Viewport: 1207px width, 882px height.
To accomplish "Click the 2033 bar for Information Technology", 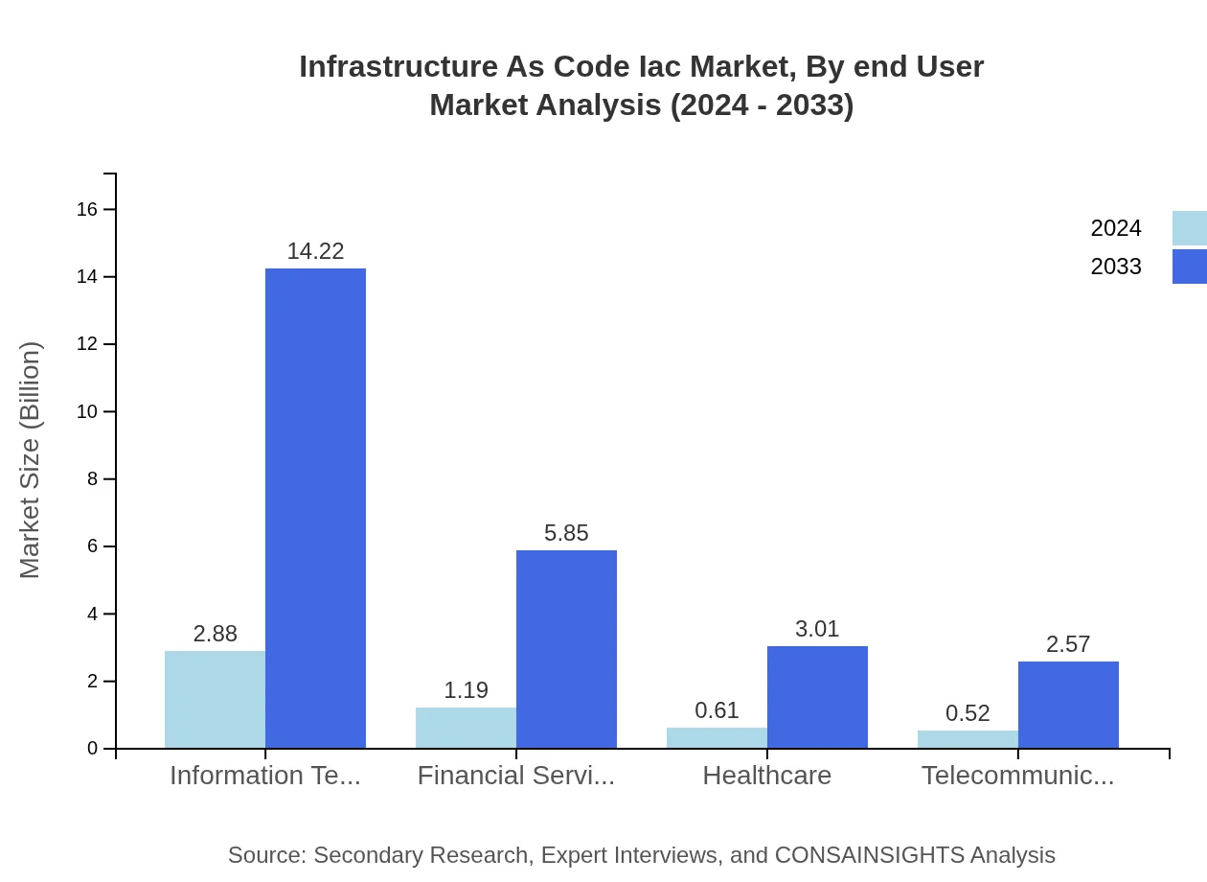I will click(x=315, y=508).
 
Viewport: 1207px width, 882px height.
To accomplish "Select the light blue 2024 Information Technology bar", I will click(x=215, y=700).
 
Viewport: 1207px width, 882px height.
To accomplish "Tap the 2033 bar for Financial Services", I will click(x=566, y=649).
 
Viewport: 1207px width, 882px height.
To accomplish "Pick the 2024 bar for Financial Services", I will click(x=466, y=728).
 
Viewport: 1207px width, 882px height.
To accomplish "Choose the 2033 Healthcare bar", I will click(x=817, y=697).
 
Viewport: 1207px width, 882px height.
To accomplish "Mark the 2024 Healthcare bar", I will click(x=717, y=738).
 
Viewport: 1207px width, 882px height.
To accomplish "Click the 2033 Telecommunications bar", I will click(x=1068, y=705).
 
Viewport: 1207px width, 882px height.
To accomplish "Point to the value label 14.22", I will click(x=315, y=251).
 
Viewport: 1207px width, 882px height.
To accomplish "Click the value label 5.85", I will click(x=566, y=533).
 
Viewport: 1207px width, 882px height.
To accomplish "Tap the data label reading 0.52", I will click(x=968, y=713).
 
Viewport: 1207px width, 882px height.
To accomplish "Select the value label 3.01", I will click(x=817, y=629).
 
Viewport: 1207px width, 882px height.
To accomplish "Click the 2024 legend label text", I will click(x=1116, y=228).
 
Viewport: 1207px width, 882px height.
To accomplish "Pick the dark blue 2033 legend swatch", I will click(x=1189, y=267).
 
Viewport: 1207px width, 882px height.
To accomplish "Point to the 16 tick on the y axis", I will click(x=87, y=209).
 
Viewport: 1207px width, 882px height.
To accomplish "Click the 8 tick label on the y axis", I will click(x=93, y=479).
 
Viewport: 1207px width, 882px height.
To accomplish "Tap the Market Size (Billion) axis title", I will click(x=30, y=460).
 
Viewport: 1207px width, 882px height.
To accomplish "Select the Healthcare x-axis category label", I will click(x=766, y=776).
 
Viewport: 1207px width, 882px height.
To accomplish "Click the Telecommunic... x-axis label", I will click(x=1017, y=776).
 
